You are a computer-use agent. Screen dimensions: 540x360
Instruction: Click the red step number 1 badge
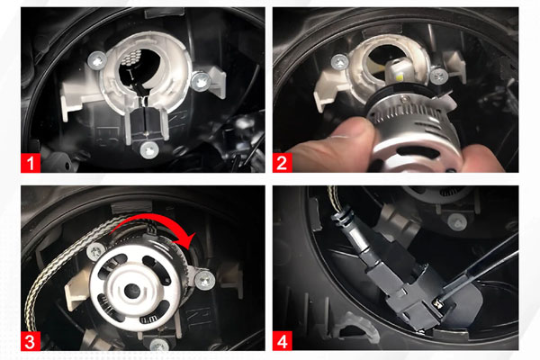click(31, 163)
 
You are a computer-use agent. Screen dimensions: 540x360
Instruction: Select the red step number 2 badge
click(282, 163)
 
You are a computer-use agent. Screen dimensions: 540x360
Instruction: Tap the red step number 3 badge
click(31, 341)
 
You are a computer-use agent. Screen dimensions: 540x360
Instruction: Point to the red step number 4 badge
click(283, 341)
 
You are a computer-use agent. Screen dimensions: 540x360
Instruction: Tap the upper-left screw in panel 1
click(96, 61)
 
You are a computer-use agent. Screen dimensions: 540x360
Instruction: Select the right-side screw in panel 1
click(201, 81)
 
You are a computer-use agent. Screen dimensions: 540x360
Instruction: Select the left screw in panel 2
click(340, 63)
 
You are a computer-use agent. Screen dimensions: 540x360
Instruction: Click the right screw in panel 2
click(439, 76)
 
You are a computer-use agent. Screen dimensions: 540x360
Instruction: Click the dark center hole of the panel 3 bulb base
click(132, 292)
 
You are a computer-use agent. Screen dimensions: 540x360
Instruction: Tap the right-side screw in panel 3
click(204, 280)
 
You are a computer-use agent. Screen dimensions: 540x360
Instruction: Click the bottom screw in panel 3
click(159, 345)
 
